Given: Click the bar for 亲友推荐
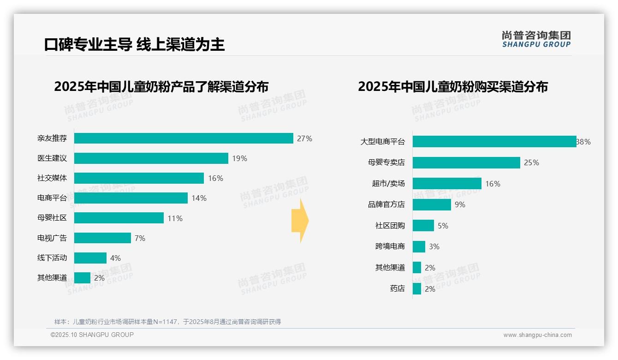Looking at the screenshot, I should click(x=184, y=138).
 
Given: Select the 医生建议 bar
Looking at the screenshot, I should click(x=151, y=158).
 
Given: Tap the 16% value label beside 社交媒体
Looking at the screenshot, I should click(x=215, y=178).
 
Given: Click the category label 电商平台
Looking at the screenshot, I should click(x=52, y=198).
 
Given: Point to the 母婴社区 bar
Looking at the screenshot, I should click(x=119, y=218).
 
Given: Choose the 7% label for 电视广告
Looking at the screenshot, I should click(x=140, y=238).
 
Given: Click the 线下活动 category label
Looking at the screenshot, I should click(x=52, y=258).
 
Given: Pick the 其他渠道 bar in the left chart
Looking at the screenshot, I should click(x=82, y=278).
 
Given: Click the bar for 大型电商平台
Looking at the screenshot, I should click(x=494, y=142).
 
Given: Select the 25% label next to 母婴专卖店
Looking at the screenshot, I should click(x=531, y=162).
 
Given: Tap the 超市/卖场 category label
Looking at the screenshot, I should click(x=388, y=184).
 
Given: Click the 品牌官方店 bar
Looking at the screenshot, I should click(x=432, y=204).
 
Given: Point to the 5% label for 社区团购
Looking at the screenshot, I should click(x=443, y=226).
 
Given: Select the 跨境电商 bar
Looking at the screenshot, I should click(x=419, y=246).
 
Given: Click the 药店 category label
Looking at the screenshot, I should click(x=397, y=289).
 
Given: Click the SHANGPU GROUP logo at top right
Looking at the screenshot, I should click(x=536, y=39).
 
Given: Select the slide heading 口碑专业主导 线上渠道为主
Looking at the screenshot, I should click(x=134, y=44).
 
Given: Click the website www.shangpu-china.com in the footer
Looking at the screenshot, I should click(x=537, y=335).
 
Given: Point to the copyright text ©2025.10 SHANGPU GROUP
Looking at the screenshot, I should click(x=92, y=335).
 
